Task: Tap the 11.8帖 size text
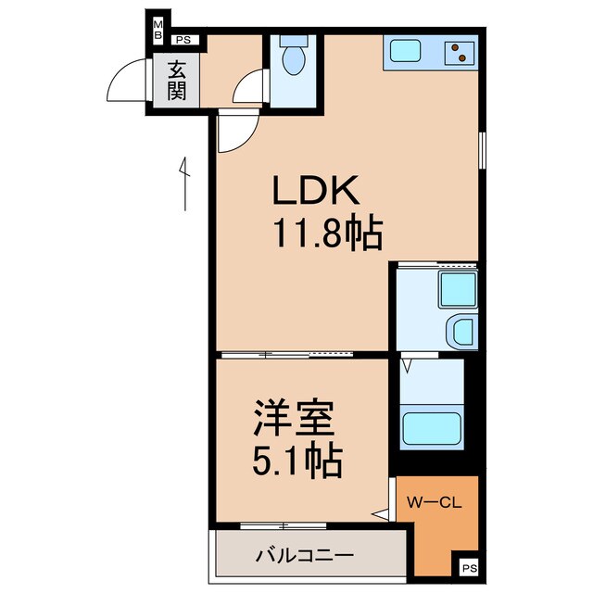click(x=326, y=234)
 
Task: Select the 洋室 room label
click(x=294, y=422)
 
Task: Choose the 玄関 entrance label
click(x=177, y=81)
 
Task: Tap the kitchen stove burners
click(x=459, y=53)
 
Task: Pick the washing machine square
click(x=457, y=288)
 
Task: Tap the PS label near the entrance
click(x=183, y=40)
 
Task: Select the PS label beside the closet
click(x=470, y=568)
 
